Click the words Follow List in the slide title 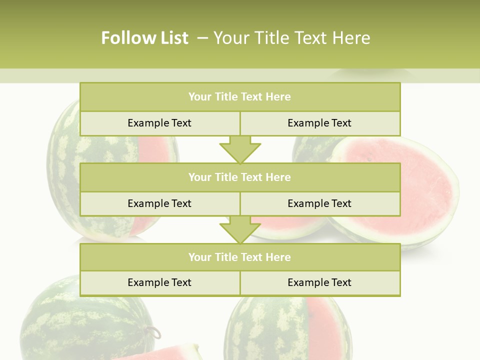144,38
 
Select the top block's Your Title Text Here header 239,97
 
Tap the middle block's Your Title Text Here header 239,177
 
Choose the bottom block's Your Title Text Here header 239,257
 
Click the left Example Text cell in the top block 159,123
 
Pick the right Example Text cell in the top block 319,123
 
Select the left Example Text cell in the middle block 159,203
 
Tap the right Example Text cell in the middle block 319,203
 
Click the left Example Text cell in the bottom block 159,282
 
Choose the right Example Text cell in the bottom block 319,282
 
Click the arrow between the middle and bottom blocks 240,229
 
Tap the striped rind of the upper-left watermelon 65,165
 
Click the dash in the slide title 202,38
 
